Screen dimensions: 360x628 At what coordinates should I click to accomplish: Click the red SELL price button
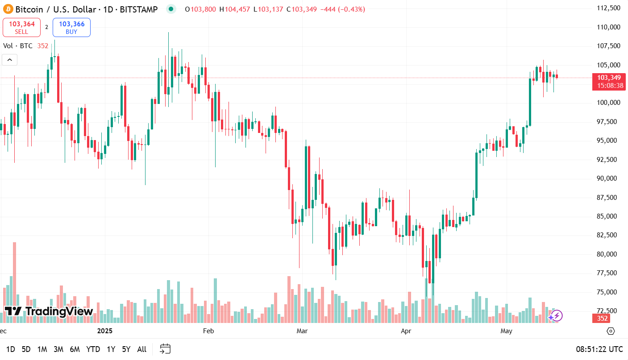coord(21,27)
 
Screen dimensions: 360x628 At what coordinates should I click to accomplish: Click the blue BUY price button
coord(71,27)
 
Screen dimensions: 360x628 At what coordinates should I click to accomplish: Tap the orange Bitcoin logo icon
coord(8,9)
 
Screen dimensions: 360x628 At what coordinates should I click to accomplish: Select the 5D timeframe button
coord(26,349)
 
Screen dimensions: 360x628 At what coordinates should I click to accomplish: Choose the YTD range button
coord(93,349)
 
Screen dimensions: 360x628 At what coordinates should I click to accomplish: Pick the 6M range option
coord(75,349)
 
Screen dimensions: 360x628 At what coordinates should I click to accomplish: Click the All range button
coord(141,349)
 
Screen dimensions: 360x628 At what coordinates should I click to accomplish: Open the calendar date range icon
coord(165,349)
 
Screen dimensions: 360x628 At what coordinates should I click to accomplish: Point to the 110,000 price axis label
coord(609,27)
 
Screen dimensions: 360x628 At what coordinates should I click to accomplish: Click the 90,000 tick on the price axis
coord(609,178)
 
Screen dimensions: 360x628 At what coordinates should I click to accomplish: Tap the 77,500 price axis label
coord(609,273)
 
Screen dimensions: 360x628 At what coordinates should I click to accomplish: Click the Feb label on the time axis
coord(208,331)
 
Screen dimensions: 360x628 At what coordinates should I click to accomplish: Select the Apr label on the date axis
coord(406,331)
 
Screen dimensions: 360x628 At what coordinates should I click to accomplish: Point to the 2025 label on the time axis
coord(105,331)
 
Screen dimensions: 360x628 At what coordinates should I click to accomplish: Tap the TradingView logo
coord(49,311)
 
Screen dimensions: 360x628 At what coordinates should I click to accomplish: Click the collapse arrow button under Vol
coord(10,59)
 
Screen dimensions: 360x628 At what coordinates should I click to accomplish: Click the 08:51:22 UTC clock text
coord(599,349)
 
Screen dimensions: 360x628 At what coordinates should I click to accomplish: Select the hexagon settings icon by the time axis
coord(611,331)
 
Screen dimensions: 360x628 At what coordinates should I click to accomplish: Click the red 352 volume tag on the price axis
coord(603,319)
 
